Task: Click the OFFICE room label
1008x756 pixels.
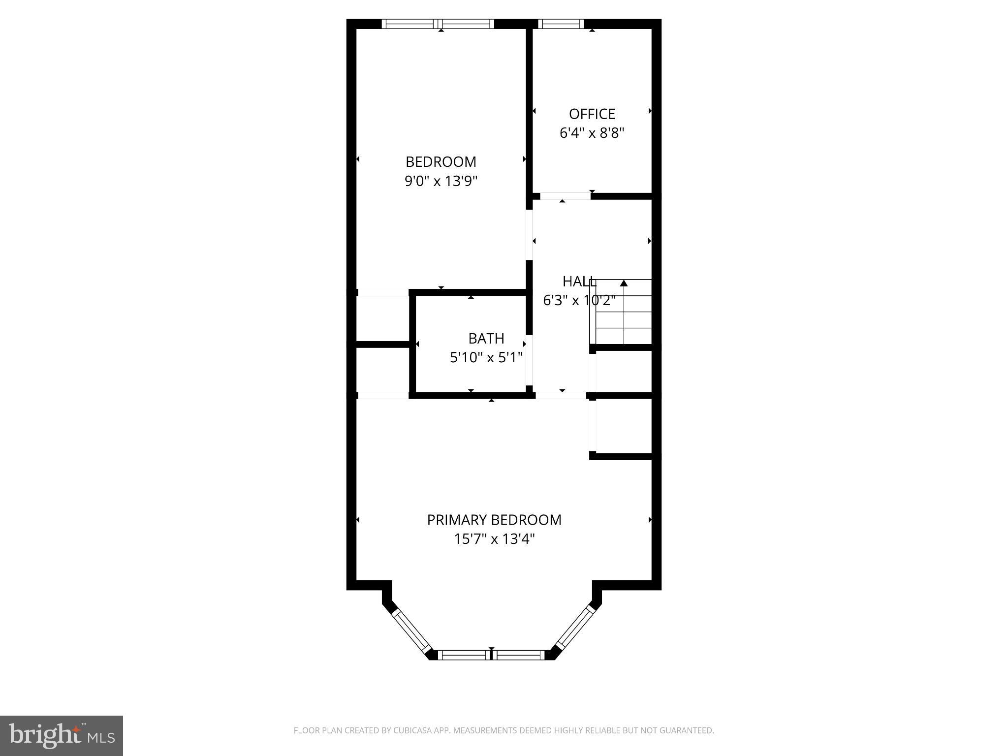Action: coord(592,114)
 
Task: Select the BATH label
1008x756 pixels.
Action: coord(486,339)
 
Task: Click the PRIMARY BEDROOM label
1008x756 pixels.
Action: coord(494,520)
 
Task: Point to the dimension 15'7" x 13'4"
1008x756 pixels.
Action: coord(494,539)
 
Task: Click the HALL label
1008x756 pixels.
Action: coord(579,282)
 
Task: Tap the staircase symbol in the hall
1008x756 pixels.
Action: coord(623,313)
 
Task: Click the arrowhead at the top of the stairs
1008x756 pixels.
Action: coord(624,283)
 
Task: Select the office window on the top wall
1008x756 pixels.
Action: coord(561,24)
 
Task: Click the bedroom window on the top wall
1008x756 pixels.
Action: coord(438,24)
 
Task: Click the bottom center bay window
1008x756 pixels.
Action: coord(491,655)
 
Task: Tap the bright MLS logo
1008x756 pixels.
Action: coord(61,735)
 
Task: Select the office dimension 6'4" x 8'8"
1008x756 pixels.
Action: coord(592,133)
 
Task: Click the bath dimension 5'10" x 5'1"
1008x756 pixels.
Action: coord(486,358)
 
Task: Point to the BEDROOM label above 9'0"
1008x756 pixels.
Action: coord(441,162)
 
